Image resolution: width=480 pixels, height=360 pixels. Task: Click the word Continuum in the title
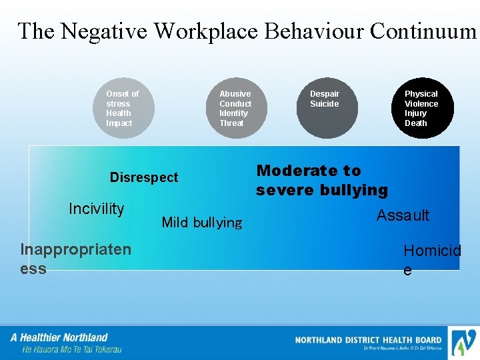pos(423,31)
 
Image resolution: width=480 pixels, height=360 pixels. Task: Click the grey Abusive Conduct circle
pos(235,109)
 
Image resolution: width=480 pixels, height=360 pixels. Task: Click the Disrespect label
pos(144,177)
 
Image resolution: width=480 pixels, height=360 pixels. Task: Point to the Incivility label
pos(96,209)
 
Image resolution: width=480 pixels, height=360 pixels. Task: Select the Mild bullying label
pos(201,223)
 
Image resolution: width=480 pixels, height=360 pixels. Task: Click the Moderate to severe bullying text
pos(321,181)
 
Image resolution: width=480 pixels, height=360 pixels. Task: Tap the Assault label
pos(403,215)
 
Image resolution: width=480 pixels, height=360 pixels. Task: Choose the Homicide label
pos(431,259)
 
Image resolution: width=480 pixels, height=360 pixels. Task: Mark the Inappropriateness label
pos(75,259)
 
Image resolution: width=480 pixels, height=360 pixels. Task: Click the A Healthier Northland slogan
pos(59,337)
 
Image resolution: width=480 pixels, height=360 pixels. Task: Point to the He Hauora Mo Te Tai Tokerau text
pos(72,349)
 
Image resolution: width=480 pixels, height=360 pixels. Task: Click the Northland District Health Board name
pos(368,340)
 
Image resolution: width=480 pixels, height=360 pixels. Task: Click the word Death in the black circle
pos(416,123)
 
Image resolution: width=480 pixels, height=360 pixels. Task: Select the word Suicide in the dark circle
pos(324,104)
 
